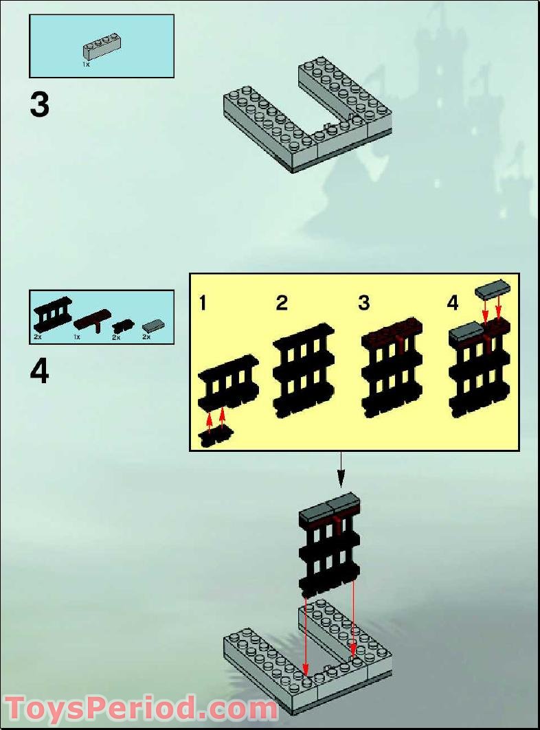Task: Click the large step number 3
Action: (x=40, y=105)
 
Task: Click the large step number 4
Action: (x=40, y=372)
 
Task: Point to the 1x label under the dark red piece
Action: (x=77, y=337)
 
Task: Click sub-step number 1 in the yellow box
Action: (x=202, y=303)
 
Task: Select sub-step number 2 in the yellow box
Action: (x=282, y=303)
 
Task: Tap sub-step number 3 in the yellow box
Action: (x=364, y=303)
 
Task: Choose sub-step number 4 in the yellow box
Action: (x=452, y=303)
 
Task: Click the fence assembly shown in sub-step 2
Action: (x=304, y=369)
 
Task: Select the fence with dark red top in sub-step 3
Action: (x=392, y=367)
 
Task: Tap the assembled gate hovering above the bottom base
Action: (x=330, y=543)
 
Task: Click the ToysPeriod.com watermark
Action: (x=141, y=707)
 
